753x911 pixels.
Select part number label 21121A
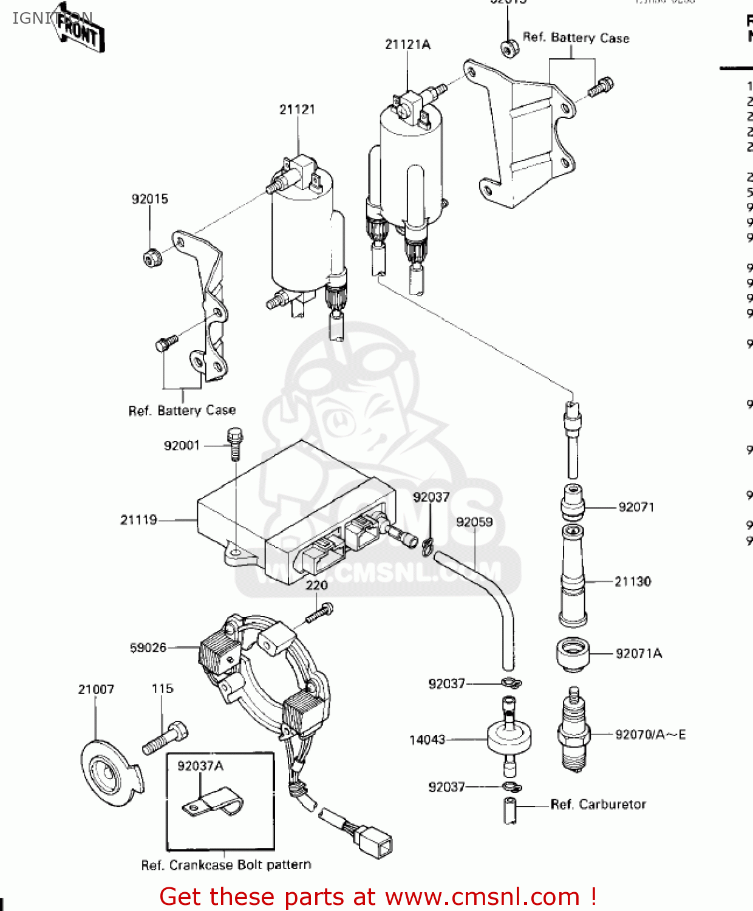pos(407,44)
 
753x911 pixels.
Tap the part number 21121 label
pos(297,109)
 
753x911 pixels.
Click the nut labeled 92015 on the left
pos(152,258)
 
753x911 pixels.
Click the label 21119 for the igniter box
pos(138,520)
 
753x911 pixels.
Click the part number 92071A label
pos(638,653)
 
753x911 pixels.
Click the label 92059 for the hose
pos(474,522)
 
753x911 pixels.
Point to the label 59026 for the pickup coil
pos(148,648)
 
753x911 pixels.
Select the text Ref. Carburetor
pos(598,805)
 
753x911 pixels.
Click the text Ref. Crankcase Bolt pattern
pos(226,865)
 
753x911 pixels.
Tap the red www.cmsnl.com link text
pos(482,897)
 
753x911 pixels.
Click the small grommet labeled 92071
pos(572,502)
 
